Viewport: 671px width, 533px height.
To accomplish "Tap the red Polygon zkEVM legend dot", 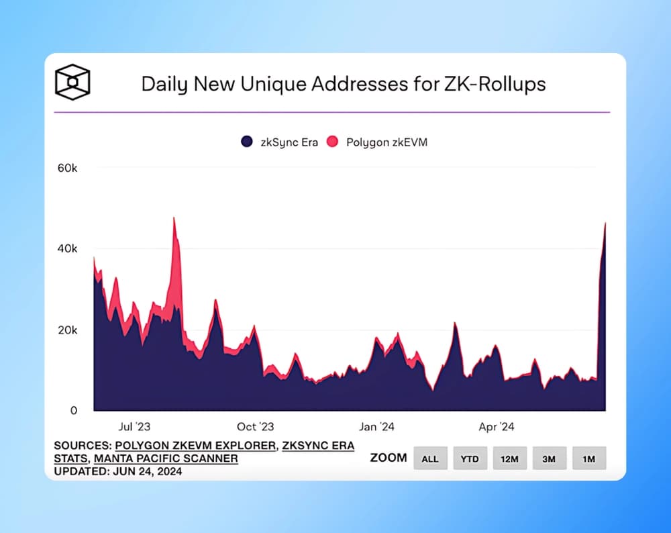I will [x=332, y=142].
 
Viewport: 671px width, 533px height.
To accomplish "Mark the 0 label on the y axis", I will [x=74, y=411].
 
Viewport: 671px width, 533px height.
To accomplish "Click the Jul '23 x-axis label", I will [x=134, y=427].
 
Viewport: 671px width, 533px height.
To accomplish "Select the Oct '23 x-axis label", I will [x=256, y=427].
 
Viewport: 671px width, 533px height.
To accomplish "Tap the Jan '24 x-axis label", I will [x=377, y=427].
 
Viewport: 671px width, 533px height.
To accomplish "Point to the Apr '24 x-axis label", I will [x=497, y=427].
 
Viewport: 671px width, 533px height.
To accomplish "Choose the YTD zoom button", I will [x=470, y=458].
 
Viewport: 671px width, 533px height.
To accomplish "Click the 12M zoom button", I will [x=509, y=458].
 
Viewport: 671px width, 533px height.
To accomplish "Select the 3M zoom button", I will [x=549, y=458].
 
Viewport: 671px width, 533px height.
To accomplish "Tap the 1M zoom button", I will [x=588, y=458].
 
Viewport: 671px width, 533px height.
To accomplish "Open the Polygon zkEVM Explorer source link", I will [x=195, y=446].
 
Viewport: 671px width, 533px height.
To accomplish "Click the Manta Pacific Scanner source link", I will [x=166, y=458].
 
